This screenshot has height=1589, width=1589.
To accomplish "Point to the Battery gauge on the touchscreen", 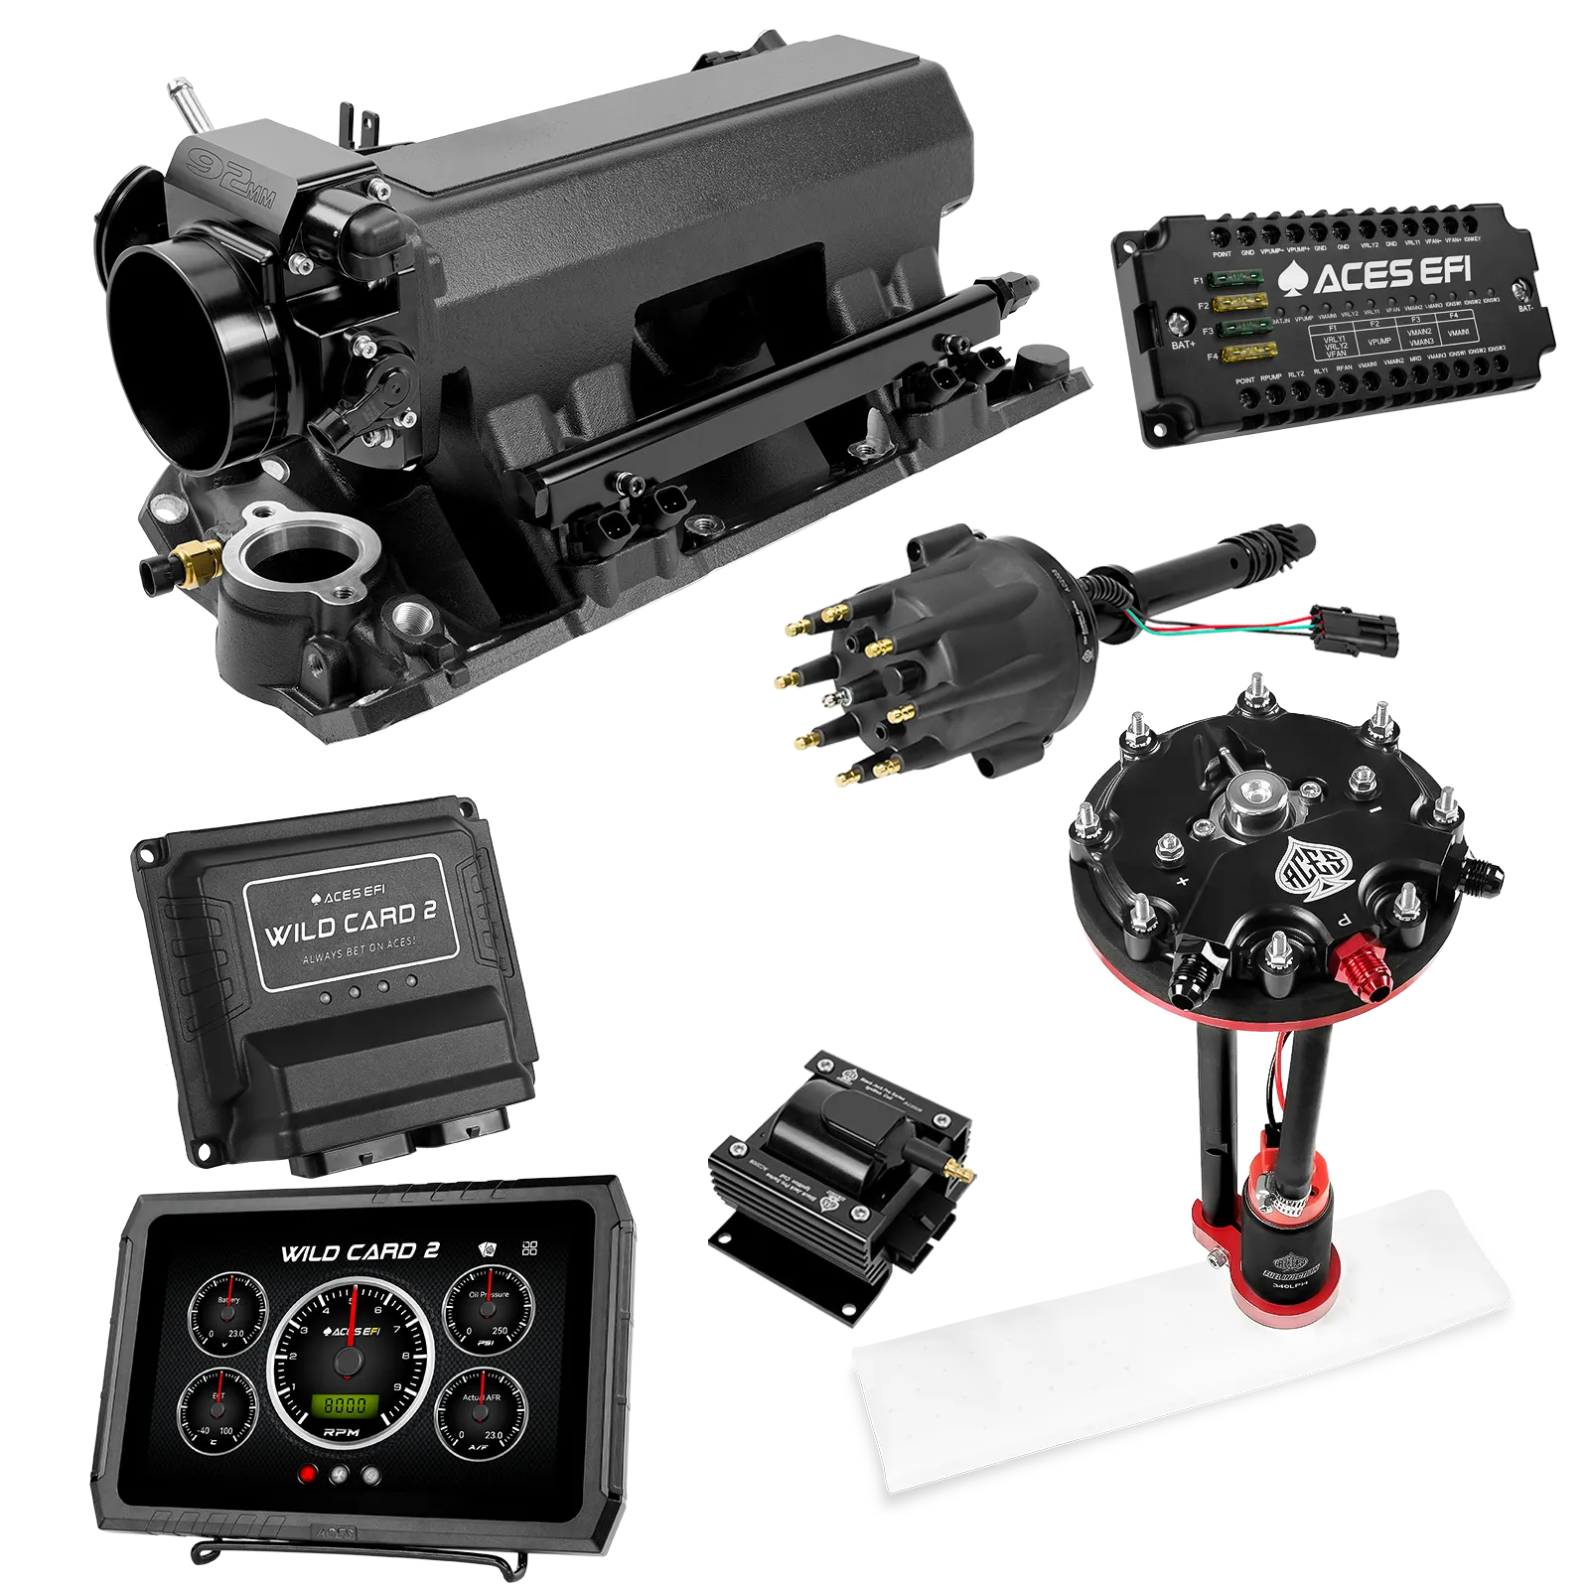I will [x=228, y=1319].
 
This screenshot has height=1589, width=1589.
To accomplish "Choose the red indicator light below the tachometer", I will [x=308, y=1475].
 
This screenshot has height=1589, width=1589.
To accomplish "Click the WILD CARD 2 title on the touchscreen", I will [x=360, y=1251].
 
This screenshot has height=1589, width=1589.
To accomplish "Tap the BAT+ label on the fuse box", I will [x=1183, y=345].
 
